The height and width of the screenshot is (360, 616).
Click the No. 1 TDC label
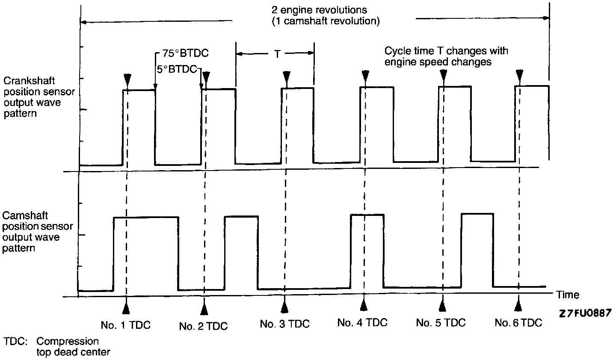(125, 325)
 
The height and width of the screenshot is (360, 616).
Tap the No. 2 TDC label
(204, 327)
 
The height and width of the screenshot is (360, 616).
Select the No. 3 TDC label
(284, 324)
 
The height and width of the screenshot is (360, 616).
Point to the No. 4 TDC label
(362, 322)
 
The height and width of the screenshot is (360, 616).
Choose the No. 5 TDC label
(441, 322)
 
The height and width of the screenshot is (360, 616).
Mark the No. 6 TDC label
(518, 323)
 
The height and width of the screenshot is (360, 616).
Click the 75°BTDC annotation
(184, 54)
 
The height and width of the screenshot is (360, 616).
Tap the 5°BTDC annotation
(177, 69)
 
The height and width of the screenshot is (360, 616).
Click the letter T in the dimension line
(277, 54)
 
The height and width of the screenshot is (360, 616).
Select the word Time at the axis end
(568, 295)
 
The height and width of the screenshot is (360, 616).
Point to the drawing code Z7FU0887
(584, 314)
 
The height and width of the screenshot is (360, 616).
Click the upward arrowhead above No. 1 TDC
(125, 309)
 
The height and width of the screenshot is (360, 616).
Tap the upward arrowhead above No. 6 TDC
(518, 304)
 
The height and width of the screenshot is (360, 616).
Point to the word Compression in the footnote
(67, 342)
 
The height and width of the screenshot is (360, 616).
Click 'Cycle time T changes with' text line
(446, 51)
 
